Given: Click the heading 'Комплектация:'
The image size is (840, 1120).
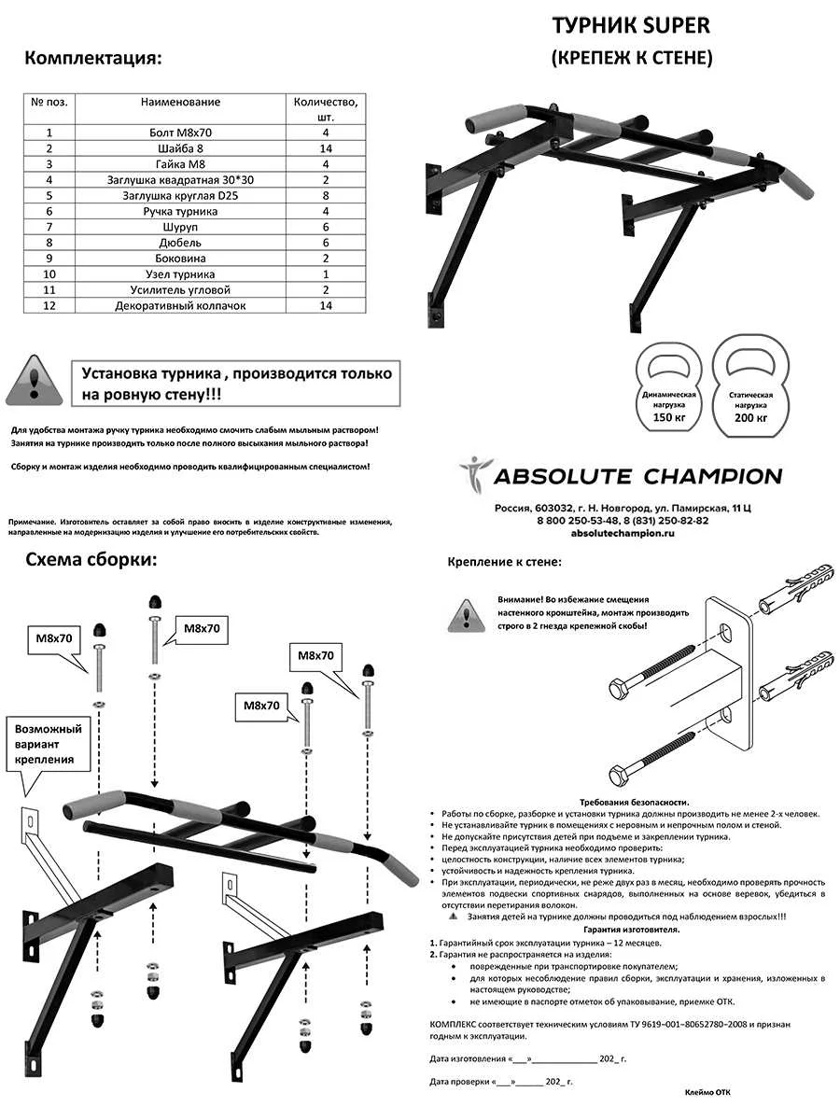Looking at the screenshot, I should [x=93, y=58].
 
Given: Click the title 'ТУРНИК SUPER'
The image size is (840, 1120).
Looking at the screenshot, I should [x=631, y=25].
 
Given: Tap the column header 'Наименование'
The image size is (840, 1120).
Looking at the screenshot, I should [x=180, y=101].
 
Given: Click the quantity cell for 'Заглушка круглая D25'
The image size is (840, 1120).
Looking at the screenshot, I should [x=326, y=196].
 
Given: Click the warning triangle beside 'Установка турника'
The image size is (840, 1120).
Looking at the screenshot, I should [x=35, y=380].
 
